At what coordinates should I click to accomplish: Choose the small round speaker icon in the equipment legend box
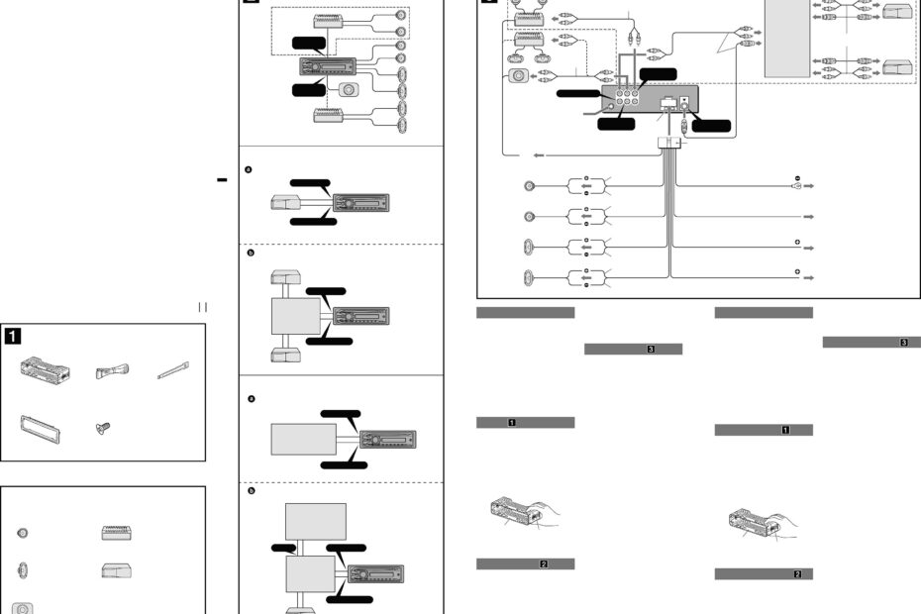click(22, 533)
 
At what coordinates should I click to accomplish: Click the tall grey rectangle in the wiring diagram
click(786, 40)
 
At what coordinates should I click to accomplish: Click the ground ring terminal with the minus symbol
click(797, 185)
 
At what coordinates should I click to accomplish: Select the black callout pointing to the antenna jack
click(712, 126)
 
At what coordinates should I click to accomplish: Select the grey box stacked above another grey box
click(315, 520)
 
